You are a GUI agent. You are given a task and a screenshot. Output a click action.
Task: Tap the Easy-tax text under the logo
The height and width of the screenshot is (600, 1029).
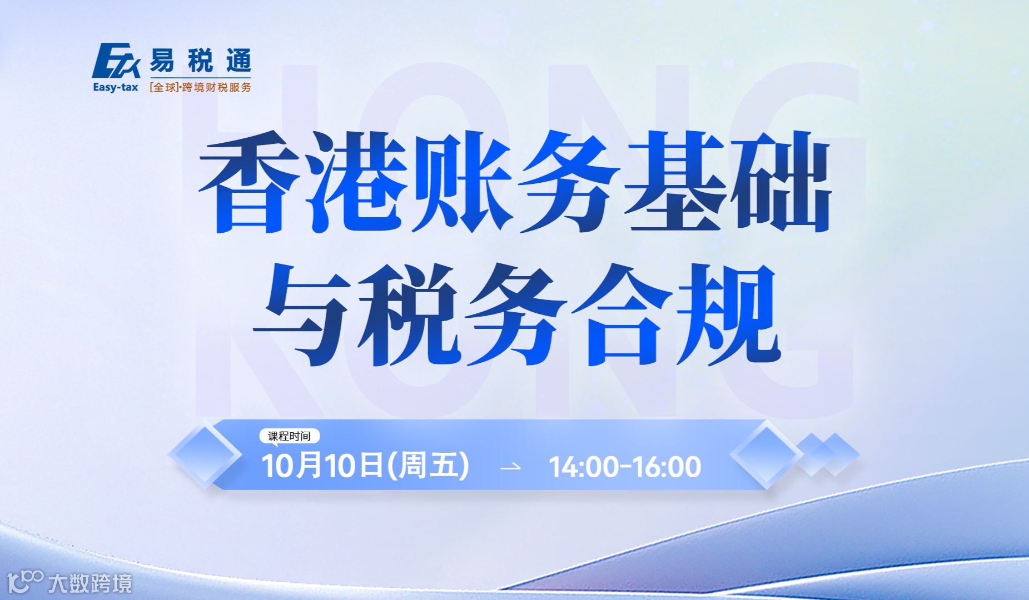[x=116, y=87]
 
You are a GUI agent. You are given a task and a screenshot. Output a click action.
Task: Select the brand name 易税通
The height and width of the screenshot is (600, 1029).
[x=200, y=61]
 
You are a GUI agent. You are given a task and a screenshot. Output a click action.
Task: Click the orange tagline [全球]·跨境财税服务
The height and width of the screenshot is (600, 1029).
[x=200, y=87]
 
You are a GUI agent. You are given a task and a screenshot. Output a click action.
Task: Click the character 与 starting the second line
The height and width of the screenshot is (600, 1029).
[x=303, y=314]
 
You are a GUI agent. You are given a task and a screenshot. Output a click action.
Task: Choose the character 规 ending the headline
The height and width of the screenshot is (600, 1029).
[x=728, y=314]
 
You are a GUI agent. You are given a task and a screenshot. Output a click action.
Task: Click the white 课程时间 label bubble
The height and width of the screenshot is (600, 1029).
[x=290, y=436]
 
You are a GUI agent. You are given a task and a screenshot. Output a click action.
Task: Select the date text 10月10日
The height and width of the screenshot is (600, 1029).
[x=322, y=466]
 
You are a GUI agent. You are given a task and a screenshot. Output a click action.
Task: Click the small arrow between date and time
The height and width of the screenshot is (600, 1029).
[x=510, y=467]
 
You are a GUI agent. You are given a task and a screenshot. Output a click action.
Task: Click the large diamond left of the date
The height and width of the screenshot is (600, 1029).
[x=205, y=455]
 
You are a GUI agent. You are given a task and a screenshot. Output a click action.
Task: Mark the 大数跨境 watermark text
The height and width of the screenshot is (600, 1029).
[x=90, y=584]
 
